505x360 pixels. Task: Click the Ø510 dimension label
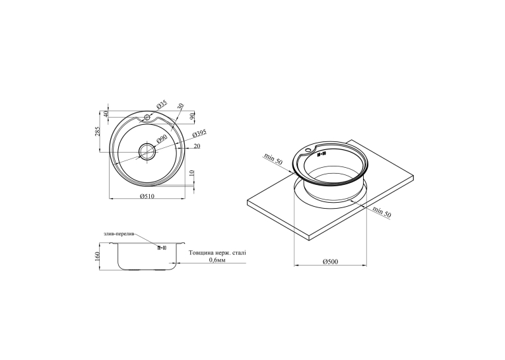point(147,196)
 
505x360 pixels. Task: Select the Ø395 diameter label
point(199,133)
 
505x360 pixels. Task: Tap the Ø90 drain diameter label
point(161,139)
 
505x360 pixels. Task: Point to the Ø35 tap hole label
point(162,104)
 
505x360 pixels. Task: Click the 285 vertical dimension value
point(98,131)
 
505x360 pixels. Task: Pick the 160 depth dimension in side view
point(98,256)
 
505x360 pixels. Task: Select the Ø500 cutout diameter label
point(331,262)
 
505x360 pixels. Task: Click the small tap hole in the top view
point(147,117)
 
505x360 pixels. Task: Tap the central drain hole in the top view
point(147,151)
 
